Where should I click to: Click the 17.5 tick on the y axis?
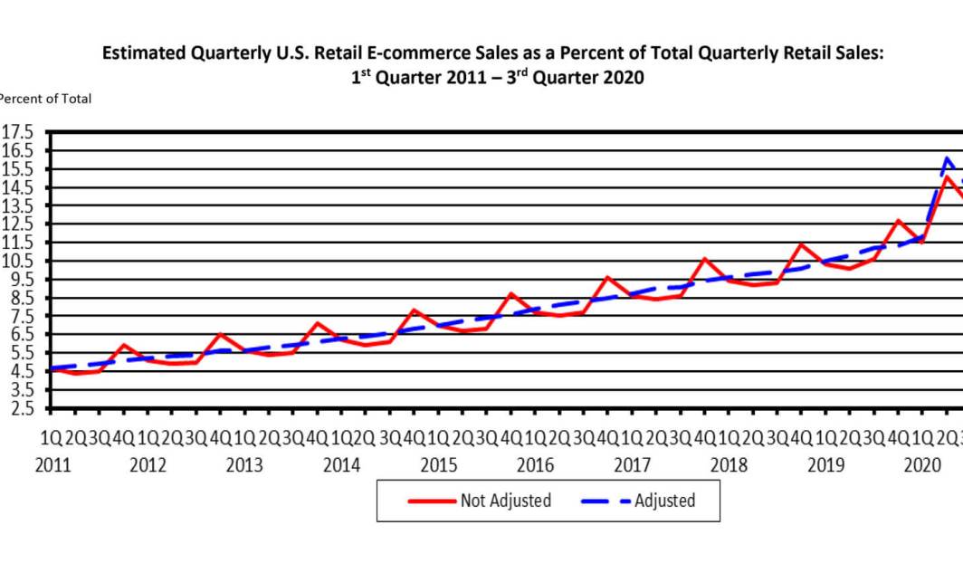(17, 132)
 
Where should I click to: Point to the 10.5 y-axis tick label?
(17, 261)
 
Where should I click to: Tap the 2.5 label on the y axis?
(17, 407)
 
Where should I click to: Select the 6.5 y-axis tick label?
(17, 334)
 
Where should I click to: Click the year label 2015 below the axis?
(438, 465)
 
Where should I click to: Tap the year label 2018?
(729, 465)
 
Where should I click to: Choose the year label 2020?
(922, 465)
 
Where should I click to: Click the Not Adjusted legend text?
(505, 501)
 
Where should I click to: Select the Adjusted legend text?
(664, 501)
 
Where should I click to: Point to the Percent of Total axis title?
(45, 99)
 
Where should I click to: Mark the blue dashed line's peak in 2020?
(947, 158)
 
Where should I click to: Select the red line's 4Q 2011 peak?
(123, 345)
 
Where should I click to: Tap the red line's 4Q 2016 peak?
(607, 277)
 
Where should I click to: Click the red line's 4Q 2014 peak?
(414, 310)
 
